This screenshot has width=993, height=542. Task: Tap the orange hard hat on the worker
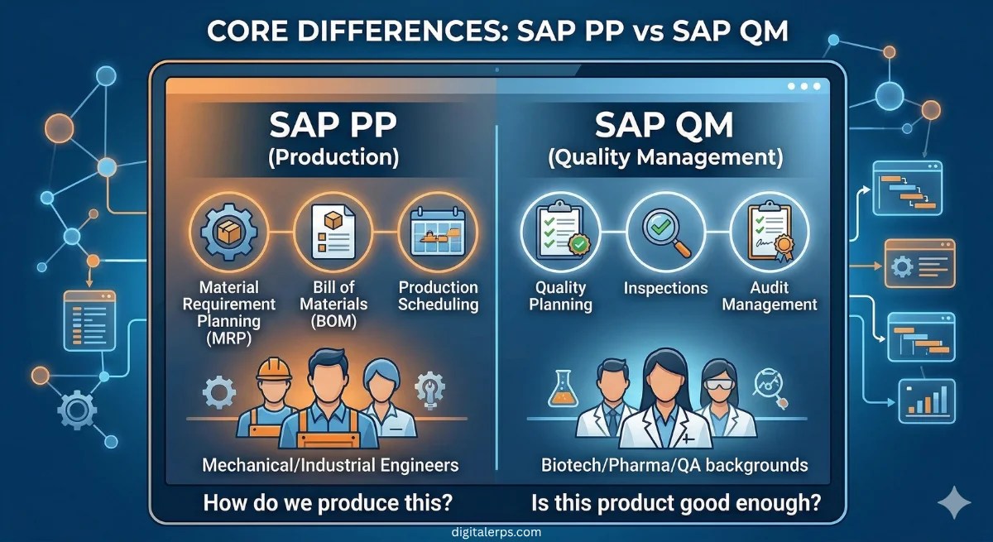coord(273,369)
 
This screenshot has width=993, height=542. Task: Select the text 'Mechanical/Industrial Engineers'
coord(330,464)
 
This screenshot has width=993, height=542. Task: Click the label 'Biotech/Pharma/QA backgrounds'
coord(674,464)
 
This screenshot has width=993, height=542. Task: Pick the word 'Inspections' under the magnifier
coord(665,288)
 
